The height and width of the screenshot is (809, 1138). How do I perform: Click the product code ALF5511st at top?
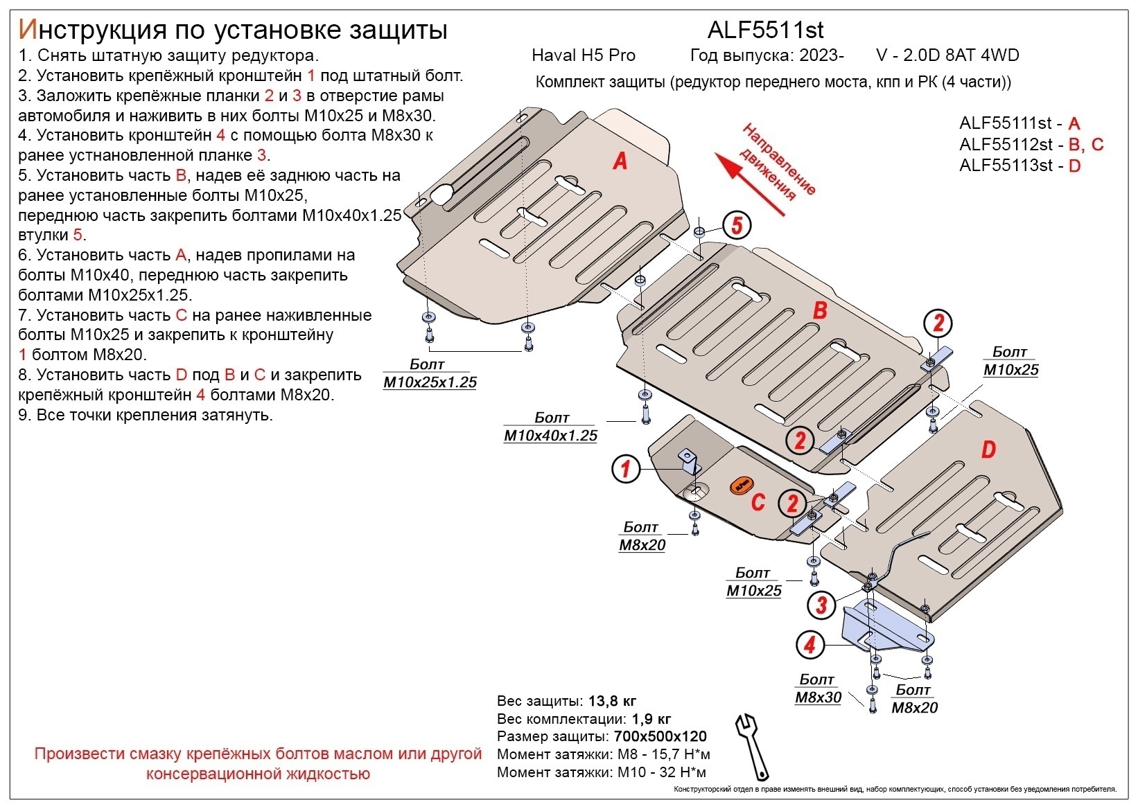[x=765, y=29]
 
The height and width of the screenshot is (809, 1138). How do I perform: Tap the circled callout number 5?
[x=737, y=225]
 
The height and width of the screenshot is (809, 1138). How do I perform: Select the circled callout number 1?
[x=625, y=469]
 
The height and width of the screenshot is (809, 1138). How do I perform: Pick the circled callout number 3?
[x=821, y=605]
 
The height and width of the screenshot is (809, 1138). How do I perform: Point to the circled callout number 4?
[x=809, y=646]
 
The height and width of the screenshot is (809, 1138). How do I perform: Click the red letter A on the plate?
[x=620, y=161]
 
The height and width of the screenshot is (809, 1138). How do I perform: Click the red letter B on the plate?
[x=820, y=310]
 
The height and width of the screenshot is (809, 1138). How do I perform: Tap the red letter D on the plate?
[x=988, y=450]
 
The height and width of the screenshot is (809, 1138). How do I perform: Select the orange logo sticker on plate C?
[x=741, y=486]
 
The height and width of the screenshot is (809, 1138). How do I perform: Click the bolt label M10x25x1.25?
[x=430, y=382]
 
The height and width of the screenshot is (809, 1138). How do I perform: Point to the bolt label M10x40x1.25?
[x=550, y=436]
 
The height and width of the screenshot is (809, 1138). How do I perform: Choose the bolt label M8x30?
[x=818, y=697]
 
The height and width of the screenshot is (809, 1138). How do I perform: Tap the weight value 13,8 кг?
[x=612, y=701]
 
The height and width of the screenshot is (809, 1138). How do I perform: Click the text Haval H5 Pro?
[x=583, y=55]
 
